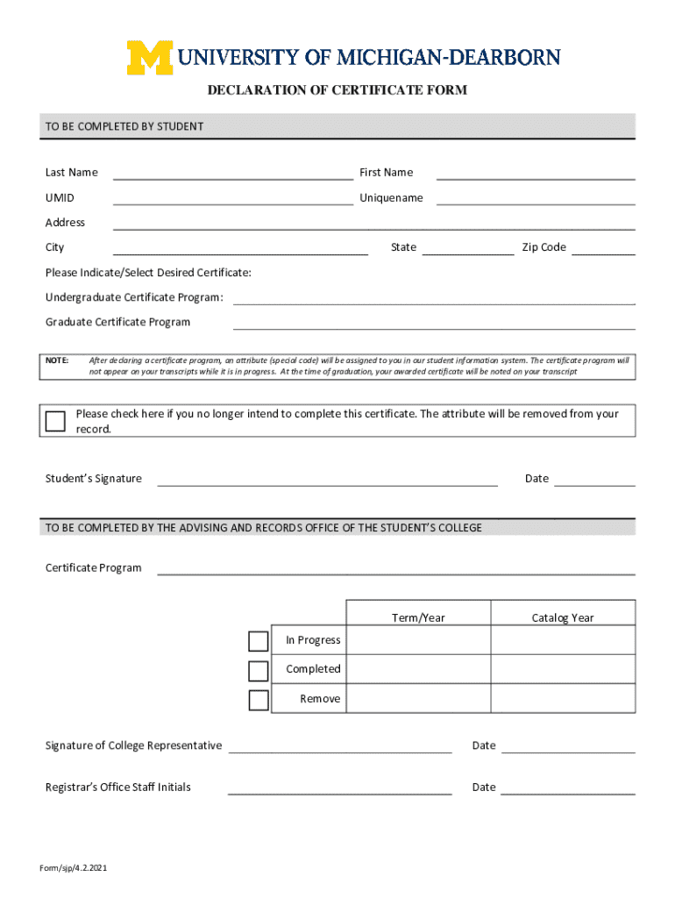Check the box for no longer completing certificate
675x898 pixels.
pyautogui.click(x=55, y=421)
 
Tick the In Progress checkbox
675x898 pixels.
pyautogui.click(x=258, y=641)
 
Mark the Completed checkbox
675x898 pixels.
pyautogui.click(x=258, y=671)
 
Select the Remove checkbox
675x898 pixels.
pyautogui.click(x=258, y=700)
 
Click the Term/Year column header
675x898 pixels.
pyautogui.click(x=418, y=617)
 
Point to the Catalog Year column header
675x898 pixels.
pyautogui.click(x=563, y=617)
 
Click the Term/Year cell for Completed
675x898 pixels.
pyautogui.click(x=418, y=669)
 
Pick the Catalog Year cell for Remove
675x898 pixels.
pyautogui.click(x=563, y=699)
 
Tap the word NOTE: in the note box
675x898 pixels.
pyautogui.click(x=57, y=360)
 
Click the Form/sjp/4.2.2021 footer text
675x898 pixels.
pyautogui.click(x=73, y=868)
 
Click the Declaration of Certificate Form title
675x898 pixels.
pyautogui.click(x=337, y=90)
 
